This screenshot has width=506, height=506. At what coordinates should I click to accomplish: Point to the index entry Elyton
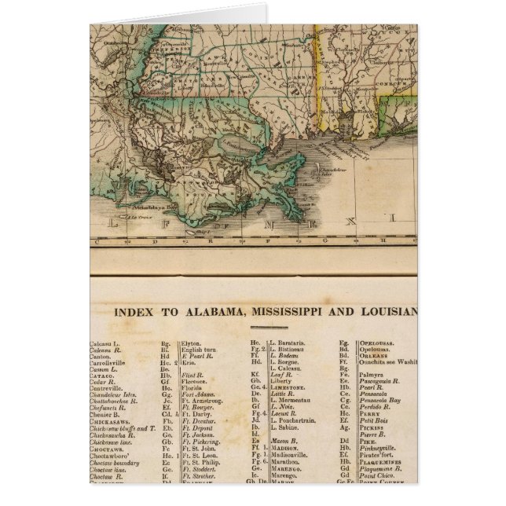(191, 343)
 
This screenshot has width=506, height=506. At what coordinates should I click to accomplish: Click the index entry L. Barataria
(288, 343)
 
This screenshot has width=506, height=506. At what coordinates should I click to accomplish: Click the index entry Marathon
(285, 461)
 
